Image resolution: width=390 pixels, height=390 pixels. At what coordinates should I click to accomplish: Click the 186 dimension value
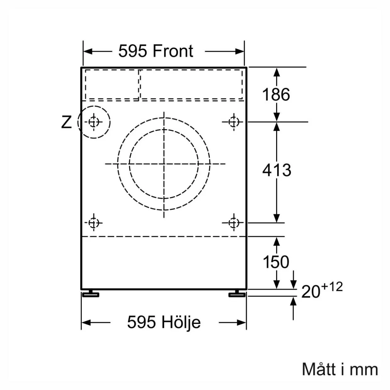click(276, 95)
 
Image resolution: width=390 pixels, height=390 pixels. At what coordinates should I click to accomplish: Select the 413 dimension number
click(277, 170)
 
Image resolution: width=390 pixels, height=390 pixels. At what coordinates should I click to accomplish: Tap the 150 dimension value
click(276, 262)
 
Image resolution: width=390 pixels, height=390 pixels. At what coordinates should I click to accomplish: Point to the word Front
click(173, 51)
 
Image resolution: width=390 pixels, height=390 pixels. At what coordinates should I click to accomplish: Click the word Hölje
click(181, 323)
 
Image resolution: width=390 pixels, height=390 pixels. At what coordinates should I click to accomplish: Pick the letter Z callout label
click(66, 122)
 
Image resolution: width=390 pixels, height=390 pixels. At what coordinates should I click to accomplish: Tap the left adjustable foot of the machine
click(91, 294)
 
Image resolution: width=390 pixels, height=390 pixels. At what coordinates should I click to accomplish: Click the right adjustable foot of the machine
click(237, 294)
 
